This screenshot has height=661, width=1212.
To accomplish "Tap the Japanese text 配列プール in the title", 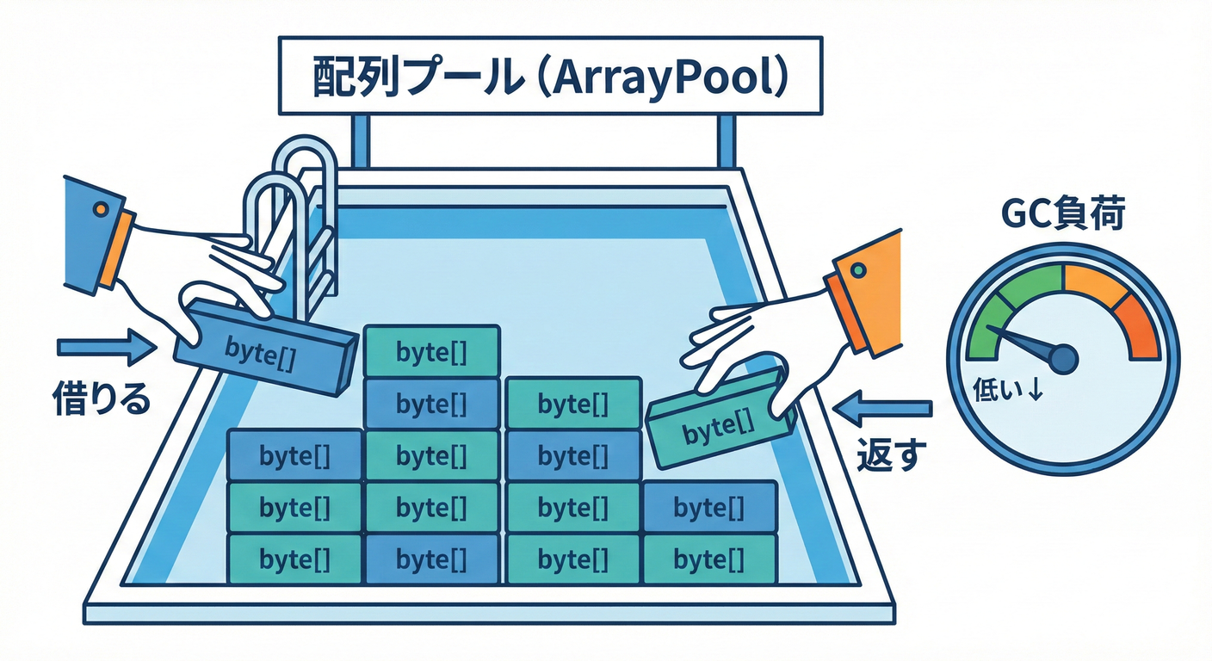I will (x=414, y=78).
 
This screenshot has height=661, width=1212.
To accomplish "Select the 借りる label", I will (x=102, y=399).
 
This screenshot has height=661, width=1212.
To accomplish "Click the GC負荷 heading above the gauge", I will (x=1062, y=215).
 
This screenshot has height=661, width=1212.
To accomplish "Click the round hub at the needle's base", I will (x=1063, y=357).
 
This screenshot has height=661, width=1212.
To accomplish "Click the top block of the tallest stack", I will (x=431, y=350).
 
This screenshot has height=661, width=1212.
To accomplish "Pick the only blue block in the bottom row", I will (x=431, y=559).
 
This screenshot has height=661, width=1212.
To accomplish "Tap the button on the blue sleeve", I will (x=101, y=208).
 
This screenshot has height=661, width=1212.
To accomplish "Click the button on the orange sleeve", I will (x=856, y=270).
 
